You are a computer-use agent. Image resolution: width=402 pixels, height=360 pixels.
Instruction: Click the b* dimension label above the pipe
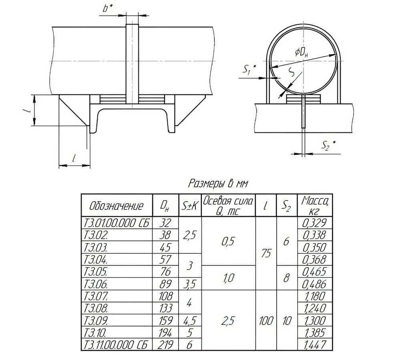pyautogui.click(x=108, y=8)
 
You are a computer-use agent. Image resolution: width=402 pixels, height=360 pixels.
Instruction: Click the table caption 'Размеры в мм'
pyautogui.click(x=218, y=183)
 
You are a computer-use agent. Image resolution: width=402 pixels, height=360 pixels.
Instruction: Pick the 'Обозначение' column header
pyautogui.click(x=117, y=206)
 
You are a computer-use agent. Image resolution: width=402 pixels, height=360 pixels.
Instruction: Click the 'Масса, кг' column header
pyautogui.click(x=315, y=205)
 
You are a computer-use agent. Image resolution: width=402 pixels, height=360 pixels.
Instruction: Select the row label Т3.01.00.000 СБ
pyautogui.click(x=117, y=223)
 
